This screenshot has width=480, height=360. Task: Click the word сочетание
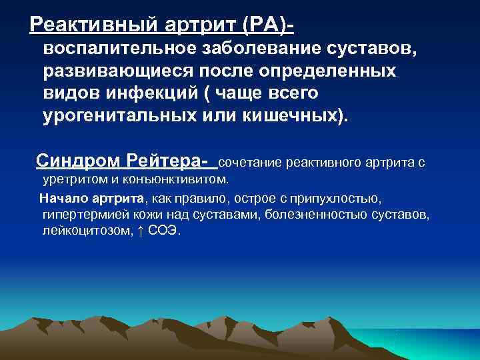tap(251, 162)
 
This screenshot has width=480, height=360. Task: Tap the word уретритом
tap(72, 179)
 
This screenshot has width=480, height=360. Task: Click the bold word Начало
tap(63, 198)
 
